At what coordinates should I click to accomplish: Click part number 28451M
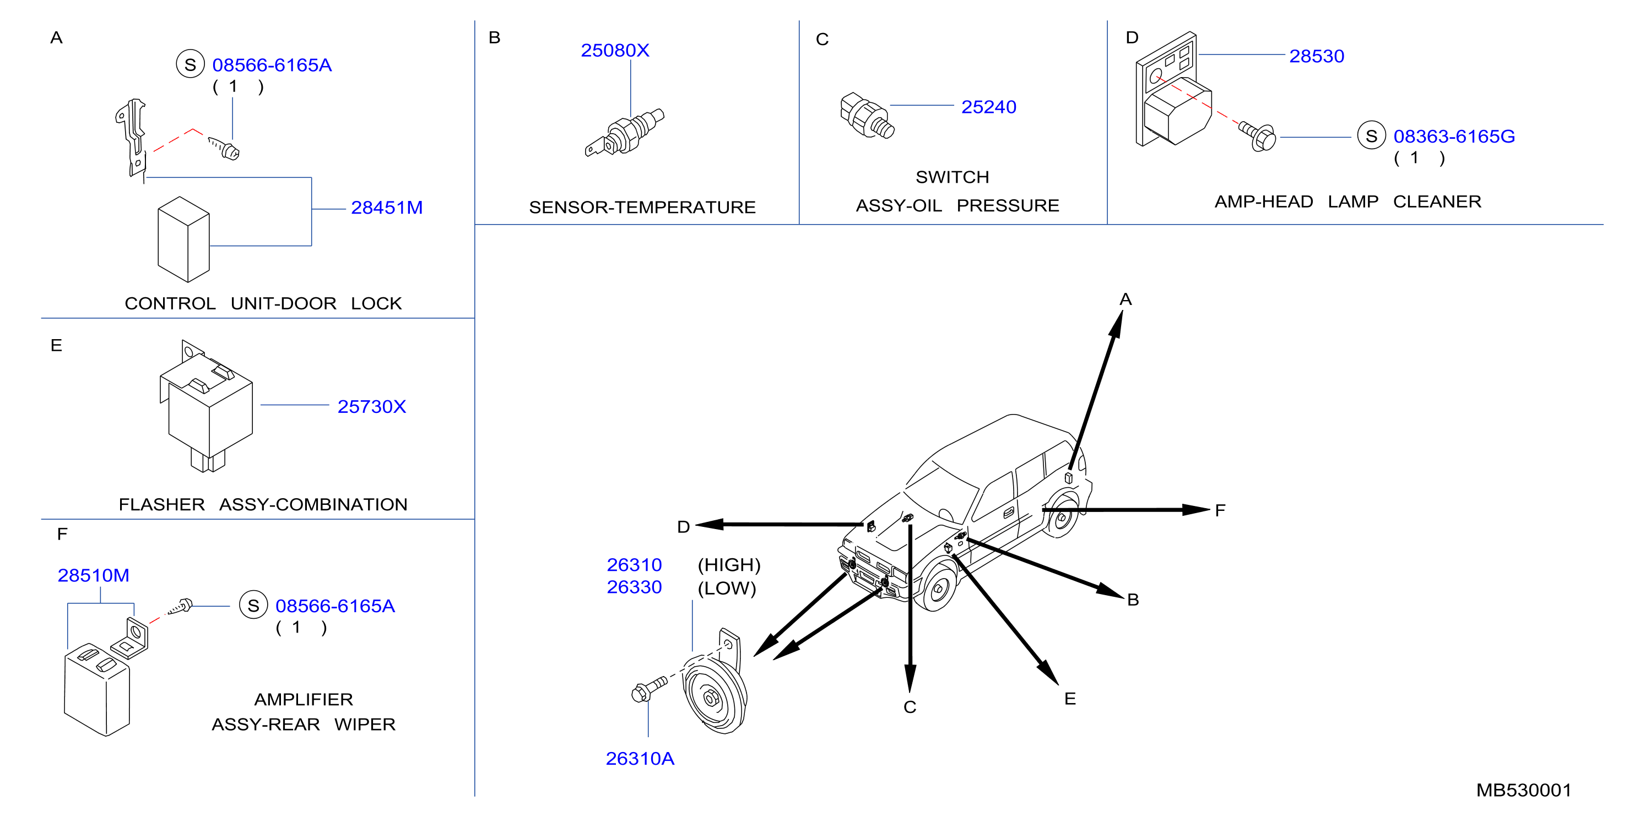[x=386, y=208]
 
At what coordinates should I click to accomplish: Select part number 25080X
[x=614, y=51]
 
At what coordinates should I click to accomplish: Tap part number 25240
[x=988, y=107]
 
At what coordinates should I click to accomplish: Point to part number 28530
[x=1316, y=56]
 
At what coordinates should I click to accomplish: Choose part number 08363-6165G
[x=1453, y=137]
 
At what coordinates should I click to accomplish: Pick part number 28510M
[x=93, y=576]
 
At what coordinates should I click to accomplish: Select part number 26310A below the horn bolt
[x=640, y=758]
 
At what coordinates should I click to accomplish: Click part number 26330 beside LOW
[x=634, y=587]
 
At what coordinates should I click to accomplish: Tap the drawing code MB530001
[x=1524, y=790]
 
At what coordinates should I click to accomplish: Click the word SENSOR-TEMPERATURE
[x=642, y=208]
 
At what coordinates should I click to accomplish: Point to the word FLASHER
[x=161, y=504]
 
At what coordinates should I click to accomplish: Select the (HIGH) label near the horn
[x=729, y=565]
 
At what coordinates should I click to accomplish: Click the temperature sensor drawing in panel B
[x=625, y=133]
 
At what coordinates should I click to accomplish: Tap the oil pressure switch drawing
[x=867, y=116]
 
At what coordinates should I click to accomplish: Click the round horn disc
[x=714, y=694]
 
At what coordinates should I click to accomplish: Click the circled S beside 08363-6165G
[x=1371, y=136]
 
